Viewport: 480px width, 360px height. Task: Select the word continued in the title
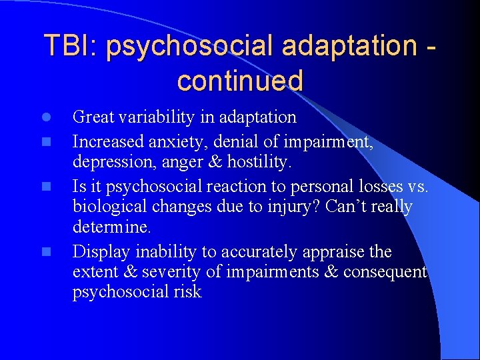pyautogui.click(x=240, y=81)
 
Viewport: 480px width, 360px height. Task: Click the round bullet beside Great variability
pyautogui.click(x=46, y=117)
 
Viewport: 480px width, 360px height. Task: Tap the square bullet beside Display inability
pyautogui.click(x=46, y=253)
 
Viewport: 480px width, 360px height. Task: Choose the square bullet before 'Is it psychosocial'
pyautogui.click(x=46, y=187)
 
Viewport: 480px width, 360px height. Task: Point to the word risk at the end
pyautogui.click(x=188, y=292)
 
